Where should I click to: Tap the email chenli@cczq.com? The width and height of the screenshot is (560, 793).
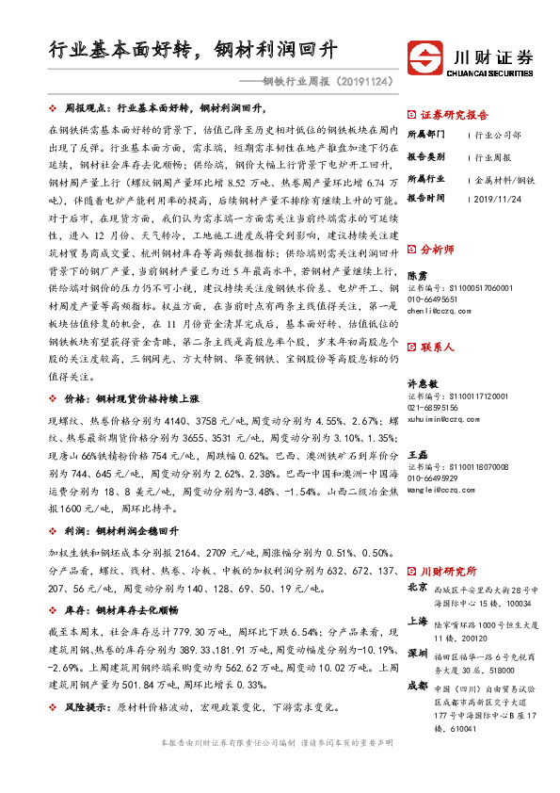pos(440,309)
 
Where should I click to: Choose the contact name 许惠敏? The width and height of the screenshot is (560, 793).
pos(420,385)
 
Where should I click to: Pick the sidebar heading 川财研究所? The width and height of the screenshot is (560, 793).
pos(449,571)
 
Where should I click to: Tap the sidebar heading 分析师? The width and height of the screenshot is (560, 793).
pos(437,250)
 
